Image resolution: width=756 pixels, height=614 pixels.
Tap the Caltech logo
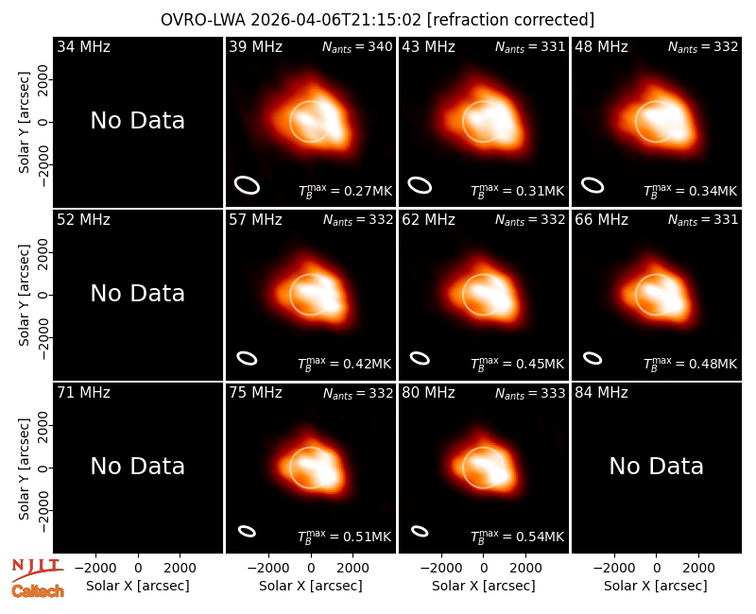38,591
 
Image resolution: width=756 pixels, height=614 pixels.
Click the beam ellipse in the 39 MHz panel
248,185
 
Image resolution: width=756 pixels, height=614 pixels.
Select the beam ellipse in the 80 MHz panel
420,531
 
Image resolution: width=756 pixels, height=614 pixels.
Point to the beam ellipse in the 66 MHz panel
593,358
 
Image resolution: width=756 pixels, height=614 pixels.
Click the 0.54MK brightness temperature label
517,537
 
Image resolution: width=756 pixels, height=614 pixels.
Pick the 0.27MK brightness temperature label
345,191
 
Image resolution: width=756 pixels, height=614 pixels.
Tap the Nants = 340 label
357,47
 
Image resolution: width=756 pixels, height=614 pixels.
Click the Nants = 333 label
530,394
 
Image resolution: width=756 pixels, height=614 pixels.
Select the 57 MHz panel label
255,220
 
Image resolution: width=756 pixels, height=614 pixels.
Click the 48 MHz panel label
601,46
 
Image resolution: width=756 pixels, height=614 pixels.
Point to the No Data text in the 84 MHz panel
656,466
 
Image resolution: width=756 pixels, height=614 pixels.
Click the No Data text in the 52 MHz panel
137,293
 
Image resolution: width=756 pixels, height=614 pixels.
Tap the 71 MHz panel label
83,393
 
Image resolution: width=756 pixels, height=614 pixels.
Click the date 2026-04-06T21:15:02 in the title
336,20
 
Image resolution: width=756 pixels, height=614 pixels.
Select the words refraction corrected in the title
511,20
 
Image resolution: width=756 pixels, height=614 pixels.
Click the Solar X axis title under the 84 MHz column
656,586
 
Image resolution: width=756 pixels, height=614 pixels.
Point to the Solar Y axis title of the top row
25,123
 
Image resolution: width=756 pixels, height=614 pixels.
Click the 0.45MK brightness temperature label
517,364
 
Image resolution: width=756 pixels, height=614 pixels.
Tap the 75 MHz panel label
255,393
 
